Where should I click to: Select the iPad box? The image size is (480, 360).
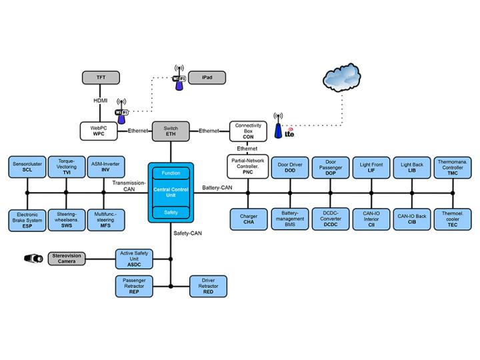coord(206,77)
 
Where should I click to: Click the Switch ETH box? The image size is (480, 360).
coord(170,131)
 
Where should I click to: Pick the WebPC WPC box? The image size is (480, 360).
coord(99,131)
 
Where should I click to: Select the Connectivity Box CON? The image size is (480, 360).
coord(248,131)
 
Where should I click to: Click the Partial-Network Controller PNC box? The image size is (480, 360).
coord(248,167)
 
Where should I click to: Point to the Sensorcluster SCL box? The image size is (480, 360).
coord(27,167)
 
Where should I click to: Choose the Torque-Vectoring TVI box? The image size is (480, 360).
coord(67,167)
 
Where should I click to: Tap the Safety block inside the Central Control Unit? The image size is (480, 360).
coord(170,212)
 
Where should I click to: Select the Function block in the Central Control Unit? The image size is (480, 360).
coord(170,173)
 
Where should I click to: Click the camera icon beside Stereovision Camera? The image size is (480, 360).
coord(31,257)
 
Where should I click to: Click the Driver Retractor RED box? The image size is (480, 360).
coord(209,286)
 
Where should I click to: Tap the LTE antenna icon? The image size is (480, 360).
coord(279,131)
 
